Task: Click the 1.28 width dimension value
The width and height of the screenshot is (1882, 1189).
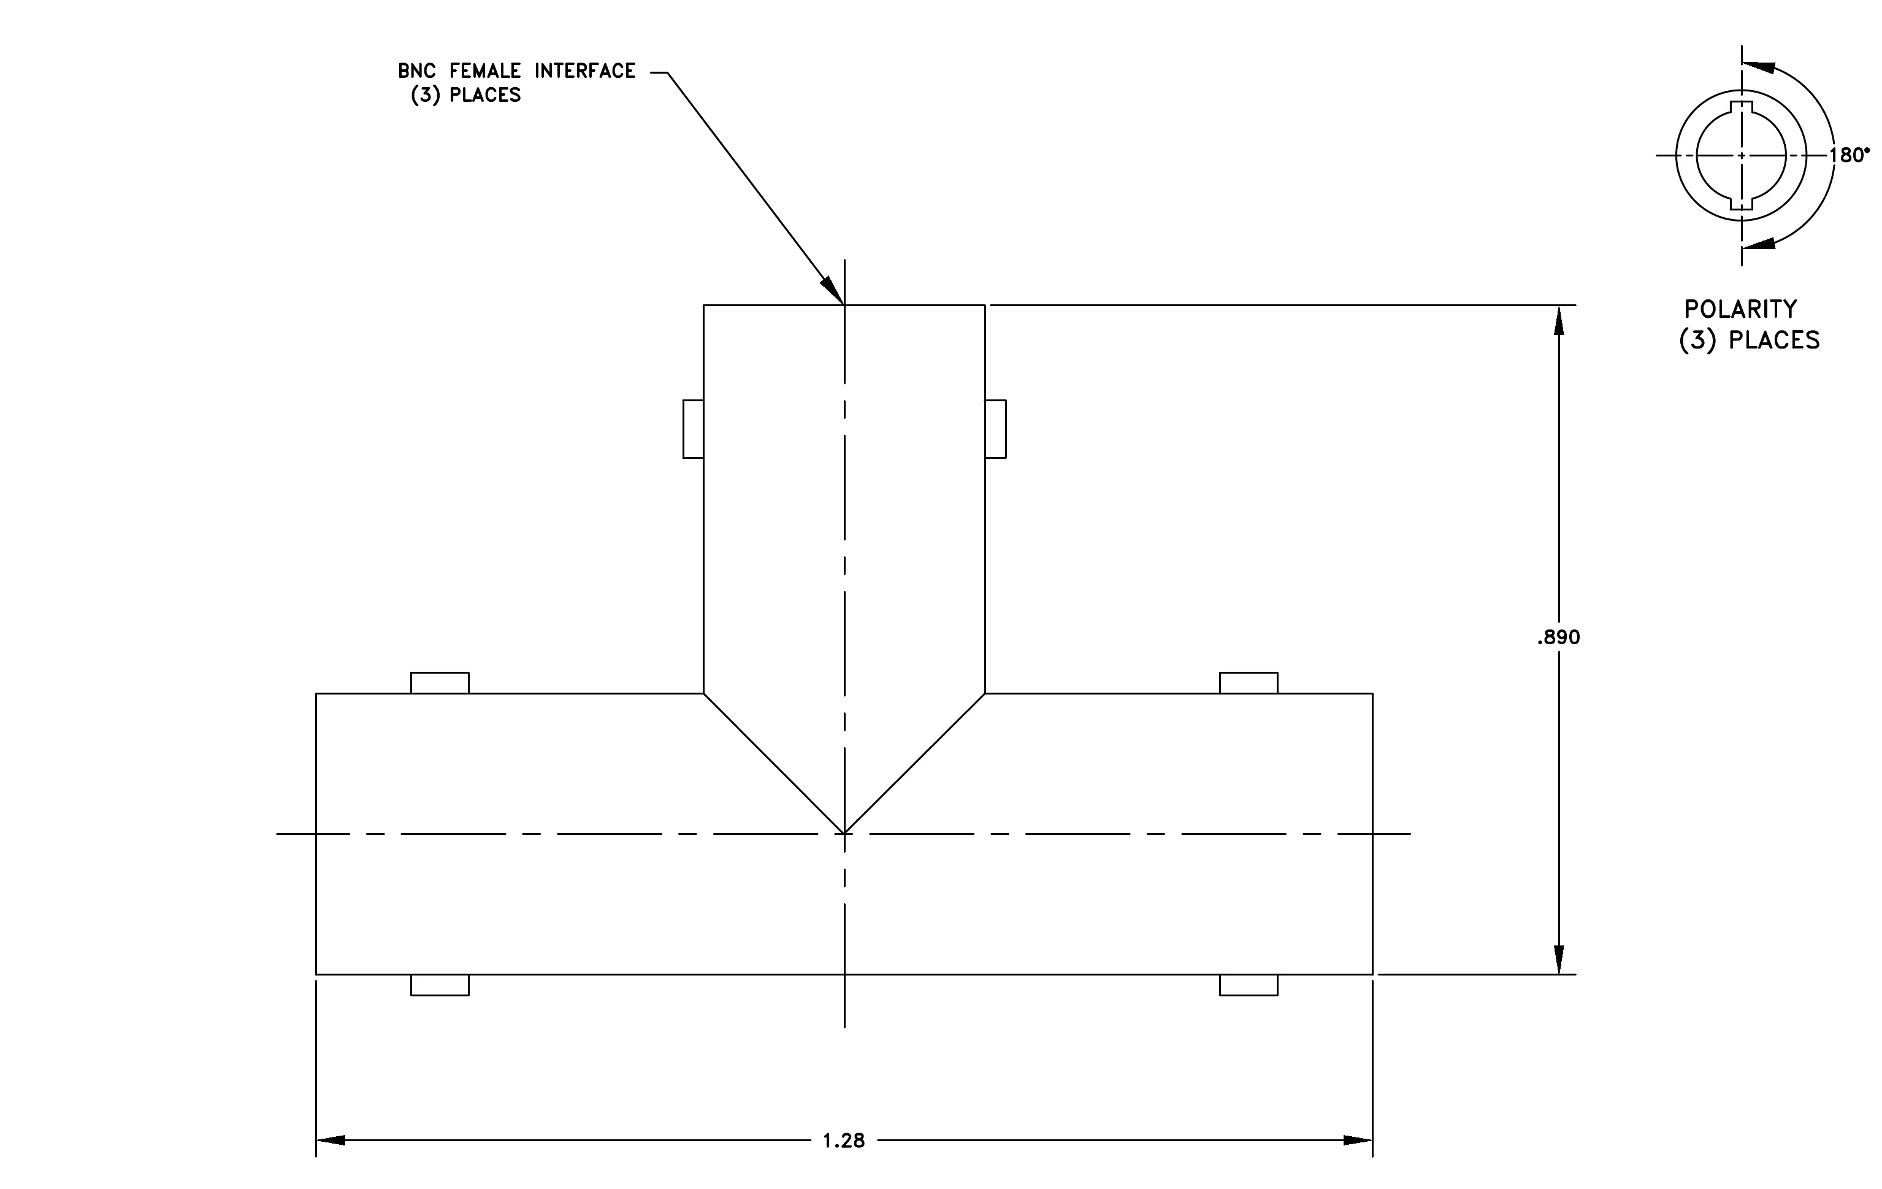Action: (x=843, y=1141)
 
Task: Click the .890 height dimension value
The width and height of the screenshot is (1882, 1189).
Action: (x=1558, y=637)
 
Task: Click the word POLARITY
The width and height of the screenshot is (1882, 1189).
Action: (x=1740, y=310)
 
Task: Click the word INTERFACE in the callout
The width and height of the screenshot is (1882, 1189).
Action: (x=586, y=71)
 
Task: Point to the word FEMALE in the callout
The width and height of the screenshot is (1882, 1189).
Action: (x=485, y=71)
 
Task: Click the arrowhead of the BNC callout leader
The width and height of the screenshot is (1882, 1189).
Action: (x=834, y=291)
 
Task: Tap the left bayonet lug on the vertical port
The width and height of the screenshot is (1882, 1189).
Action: (x=693, y=429)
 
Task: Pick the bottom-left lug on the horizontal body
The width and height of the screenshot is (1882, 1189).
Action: (x=440, y=985)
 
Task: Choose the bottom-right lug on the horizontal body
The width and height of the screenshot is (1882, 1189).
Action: (x=1249, y=985)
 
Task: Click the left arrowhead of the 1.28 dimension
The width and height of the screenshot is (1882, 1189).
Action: (x=331, y=1141)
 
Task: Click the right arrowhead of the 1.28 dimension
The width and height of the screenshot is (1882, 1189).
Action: (x=1358, y=1141)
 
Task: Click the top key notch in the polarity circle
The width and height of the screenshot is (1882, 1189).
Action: (x=1742, y=107)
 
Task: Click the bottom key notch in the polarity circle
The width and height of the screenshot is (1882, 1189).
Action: (x=1742, y=203)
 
